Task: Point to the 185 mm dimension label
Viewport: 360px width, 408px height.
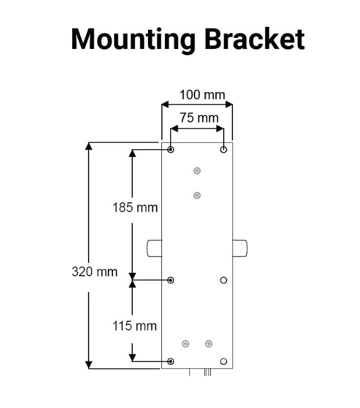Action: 135,207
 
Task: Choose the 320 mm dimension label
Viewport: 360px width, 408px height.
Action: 94,272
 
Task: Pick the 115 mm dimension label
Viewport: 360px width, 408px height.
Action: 135,326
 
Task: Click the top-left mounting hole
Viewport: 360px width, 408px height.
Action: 171,150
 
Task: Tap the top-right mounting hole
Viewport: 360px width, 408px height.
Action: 224,150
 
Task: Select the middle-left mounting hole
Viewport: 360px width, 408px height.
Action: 171,280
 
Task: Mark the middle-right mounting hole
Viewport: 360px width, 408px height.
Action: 224,280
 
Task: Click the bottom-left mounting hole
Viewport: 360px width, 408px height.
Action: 171,361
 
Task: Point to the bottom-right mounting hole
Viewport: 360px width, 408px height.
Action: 224,361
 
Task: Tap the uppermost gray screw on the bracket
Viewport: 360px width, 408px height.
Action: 197,171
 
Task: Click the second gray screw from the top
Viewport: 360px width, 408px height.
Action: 197,195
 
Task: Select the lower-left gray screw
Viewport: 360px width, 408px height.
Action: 185,343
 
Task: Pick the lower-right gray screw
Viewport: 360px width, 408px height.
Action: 209,343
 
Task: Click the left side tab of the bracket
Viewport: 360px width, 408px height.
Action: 154,248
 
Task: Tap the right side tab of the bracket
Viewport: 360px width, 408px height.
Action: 239,248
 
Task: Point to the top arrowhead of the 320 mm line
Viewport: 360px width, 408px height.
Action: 89,146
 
